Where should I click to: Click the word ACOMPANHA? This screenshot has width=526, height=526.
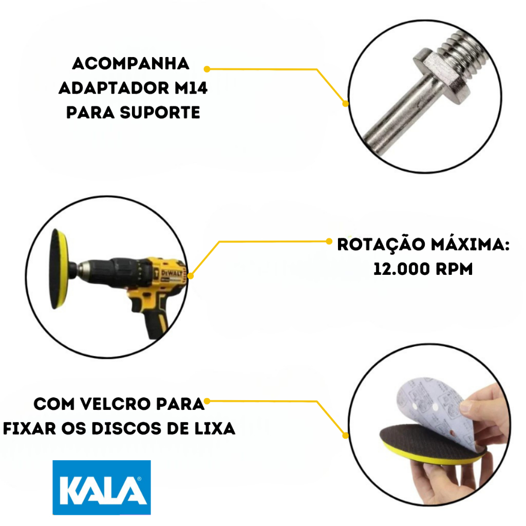pyautogui.click(x=131, y=64)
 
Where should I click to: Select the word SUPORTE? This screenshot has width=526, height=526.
pyautogui.click(x=160, y=112)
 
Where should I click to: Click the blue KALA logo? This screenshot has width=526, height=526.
pyautogui.click(x=102, y=487)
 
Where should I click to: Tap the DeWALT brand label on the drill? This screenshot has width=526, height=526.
pyautogui.click(x=172, y=273)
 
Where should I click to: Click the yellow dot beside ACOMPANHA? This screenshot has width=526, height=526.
pyautogui.click(x=207, y=69)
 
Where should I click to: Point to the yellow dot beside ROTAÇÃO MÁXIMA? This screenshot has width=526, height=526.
pyautogui.click(x=329, y=241)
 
